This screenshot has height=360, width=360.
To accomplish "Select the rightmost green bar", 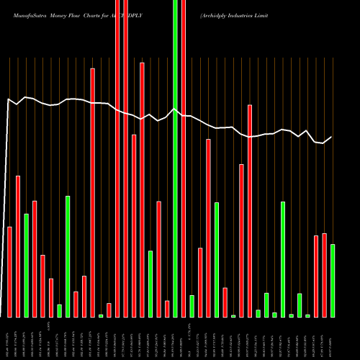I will click(333, 281).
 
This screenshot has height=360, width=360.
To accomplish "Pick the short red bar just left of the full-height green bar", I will click(167, 309).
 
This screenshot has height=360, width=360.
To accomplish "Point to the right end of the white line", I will click(332, 137).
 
